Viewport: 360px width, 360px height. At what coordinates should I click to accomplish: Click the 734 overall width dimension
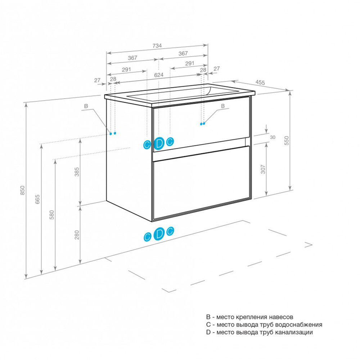(157, 46)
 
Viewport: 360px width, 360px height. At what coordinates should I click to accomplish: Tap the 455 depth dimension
(260, 82)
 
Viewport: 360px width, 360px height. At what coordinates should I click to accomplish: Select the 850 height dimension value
(22, 190)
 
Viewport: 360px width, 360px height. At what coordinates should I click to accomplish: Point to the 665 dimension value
(37, 199)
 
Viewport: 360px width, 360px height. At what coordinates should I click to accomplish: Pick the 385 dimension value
(77, 172)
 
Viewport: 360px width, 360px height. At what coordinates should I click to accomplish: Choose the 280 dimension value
(77, 235)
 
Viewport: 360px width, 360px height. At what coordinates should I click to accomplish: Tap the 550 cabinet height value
(287, 140)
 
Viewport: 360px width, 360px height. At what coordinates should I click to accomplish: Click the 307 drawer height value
(263, 169)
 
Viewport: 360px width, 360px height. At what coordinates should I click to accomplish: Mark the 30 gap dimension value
(273, 137)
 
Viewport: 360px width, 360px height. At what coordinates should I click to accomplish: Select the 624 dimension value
(159, 75)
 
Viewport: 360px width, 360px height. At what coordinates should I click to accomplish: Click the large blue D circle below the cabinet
(159, 234)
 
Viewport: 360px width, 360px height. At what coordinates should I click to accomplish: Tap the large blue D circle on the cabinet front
(159, 144)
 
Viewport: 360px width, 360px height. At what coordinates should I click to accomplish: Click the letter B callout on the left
(86, 106)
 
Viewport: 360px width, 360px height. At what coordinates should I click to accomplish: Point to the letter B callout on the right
(223, 106)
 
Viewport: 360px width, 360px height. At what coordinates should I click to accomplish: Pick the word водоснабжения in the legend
(298, 325)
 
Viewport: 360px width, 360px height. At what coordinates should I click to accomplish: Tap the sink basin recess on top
(170, 94)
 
